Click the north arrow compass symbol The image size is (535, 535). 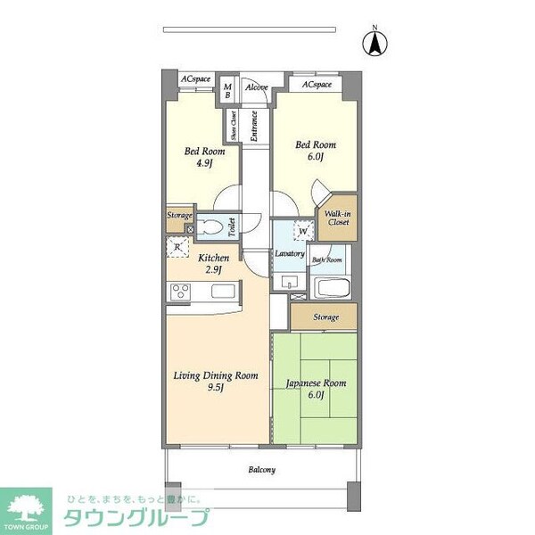(x=376, y=42)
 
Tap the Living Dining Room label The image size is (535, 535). (x=217, y=381)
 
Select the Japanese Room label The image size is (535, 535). (x=315, y=389)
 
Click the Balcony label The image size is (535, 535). (x=261, y=469)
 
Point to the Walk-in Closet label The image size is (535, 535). (x=338, y=218)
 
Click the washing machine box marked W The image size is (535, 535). (x=304, y=230)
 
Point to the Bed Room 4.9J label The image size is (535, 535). (x=204, y=157)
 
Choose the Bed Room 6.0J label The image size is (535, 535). (x=316, y=150)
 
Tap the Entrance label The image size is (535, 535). (x=254, y=126)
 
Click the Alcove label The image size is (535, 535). (x=257, y=87)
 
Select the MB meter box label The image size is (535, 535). (x=228, y=90)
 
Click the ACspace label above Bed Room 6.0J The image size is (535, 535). (x=317, y=84)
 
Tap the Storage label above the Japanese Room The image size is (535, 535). (x=326, y=317)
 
